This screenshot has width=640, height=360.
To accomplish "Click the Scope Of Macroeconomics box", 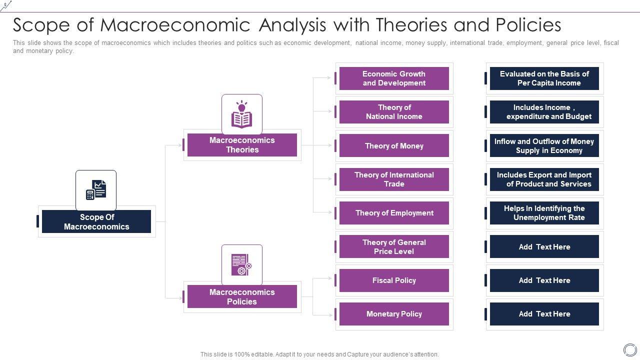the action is pos(96,221).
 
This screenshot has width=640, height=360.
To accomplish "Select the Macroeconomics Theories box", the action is pos(242,145).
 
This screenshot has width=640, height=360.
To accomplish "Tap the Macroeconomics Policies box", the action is pos(242,297).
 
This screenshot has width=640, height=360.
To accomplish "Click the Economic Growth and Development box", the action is pos(394,78).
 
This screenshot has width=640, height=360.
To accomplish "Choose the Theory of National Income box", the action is pos(394,112).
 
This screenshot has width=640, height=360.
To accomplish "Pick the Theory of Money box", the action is pos(394,146).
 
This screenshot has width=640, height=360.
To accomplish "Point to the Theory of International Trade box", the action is pos(394,179).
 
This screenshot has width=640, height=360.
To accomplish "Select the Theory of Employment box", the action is pos(394,213).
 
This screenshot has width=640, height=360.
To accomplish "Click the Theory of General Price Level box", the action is pos(394,247).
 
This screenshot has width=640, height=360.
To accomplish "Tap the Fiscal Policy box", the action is pos(394,280).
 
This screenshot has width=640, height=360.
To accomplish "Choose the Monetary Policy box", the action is pos(394,314).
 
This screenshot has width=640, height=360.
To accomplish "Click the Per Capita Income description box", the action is pos(544,78).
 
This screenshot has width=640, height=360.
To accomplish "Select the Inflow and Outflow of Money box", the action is pos(544,146).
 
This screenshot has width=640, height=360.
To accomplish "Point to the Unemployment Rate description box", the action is pos(544,213).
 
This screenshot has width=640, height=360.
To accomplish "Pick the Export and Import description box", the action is pos(544,179).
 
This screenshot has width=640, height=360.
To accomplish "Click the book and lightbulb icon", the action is pos(242,114).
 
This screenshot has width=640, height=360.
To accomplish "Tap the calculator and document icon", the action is pos(96,190).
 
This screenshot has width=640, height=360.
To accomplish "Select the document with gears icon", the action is pos(242,264).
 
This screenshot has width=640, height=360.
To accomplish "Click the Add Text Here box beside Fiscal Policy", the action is pos(544,280).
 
